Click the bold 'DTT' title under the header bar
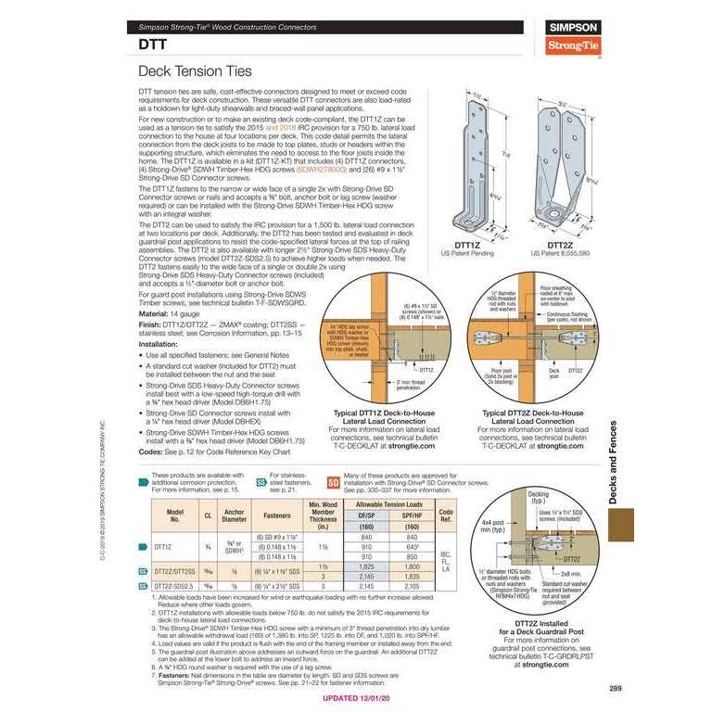point(153,43)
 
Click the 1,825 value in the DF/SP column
point(366,565)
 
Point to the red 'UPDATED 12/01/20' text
point(365,698)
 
